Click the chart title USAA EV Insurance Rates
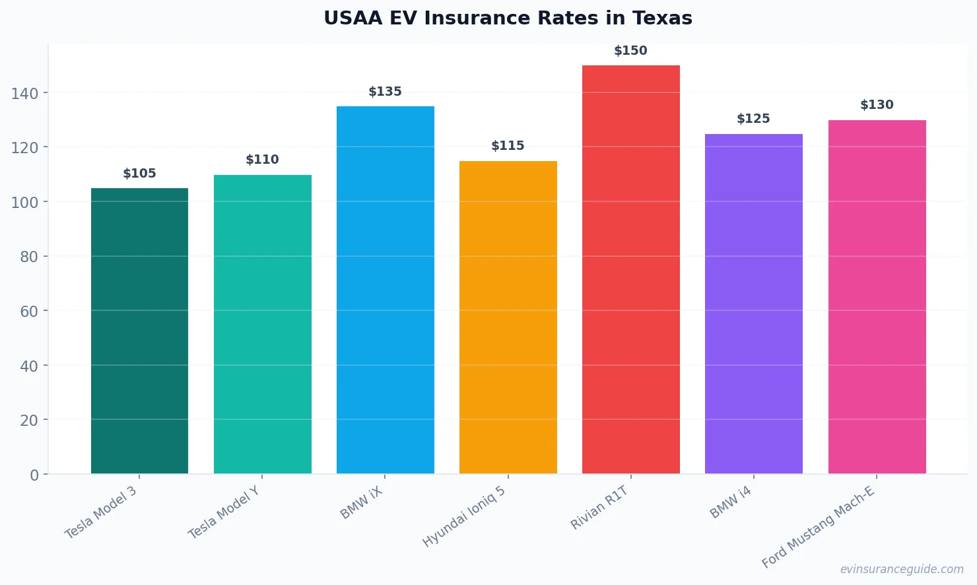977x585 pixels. click(x=508, y=18)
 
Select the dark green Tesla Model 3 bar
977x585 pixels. click(x=139, y=331)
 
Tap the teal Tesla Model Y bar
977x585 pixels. click(x=262, y=324)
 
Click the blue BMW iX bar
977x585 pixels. click(x=385, y=290)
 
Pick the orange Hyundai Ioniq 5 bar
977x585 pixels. click(x=508, y=317)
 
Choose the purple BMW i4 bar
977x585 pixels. click(x=753, y=304)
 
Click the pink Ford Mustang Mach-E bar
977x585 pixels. click(x=877, y=297)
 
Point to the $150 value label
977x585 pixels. click(x=630, y=51)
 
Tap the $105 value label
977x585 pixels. click(x=139, y=174)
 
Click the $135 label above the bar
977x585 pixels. click(x=385, y=92)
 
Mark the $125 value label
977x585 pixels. click(x=753, y=119)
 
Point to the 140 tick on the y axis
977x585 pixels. click(x=24, y=93)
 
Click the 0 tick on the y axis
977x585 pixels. click(x=34, y=475)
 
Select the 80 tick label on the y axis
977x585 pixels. click(x=29, y=257)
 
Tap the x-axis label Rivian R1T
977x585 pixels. click(x=599, y=508)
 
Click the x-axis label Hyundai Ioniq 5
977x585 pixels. click(x=464, y=516)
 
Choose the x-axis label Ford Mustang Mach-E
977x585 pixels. click(x=819, y=527)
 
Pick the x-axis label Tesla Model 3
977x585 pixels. click(x=100, y=512)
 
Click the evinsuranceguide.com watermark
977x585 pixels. click(x=902, y=569)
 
